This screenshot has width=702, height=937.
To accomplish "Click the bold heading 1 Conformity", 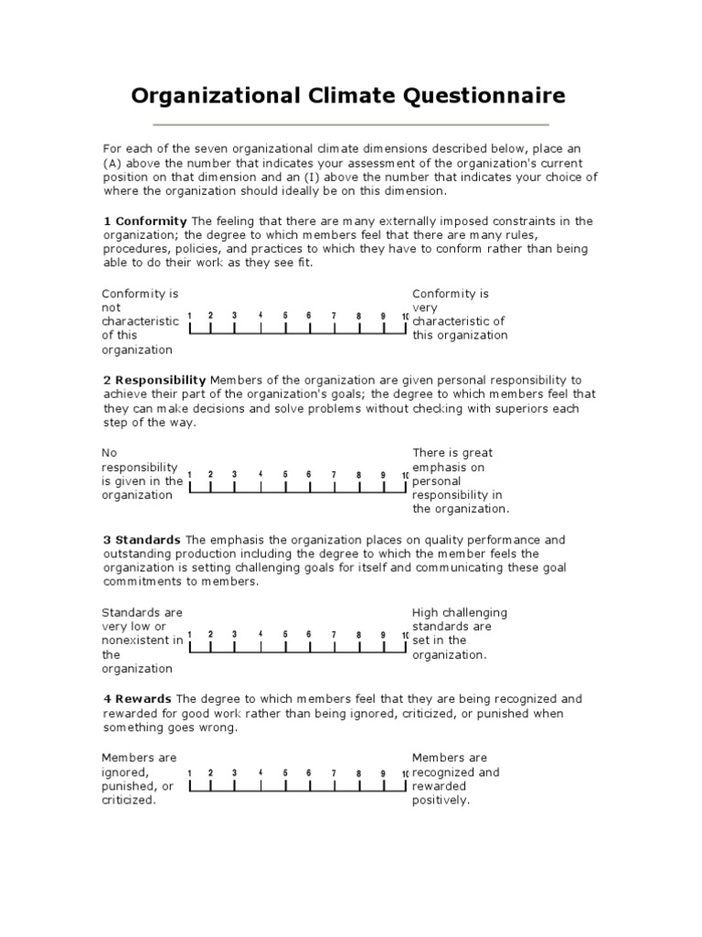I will click(144, 221).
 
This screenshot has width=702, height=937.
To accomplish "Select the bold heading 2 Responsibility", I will click(154, 380).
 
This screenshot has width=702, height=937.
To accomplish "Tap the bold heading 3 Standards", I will click(141, 539).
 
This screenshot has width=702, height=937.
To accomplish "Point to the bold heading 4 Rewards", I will click(137, 698).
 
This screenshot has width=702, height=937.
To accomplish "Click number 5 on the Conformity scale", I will click(285, 316).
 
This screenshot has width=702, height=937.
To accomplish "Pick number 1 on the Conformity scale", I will click(189, 316).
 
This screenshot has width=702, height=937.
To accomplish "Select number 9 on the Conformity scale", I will click(383, 316).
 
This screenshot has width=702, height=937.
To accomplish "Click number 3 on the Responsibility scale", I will click(235, 475).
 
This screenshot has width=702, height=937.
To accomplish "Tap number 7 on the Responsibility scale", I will click(334, 475).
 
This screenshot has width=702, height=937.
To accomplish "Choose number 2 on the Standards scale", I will click(210, 634).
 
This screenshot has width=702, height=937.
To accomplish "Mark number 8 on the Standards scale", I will click(358, 634).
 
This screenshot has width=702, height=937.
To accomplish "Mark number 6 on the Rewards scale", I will click(309, 773).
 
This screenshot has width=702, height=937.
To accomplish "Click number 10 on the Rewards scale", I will click(405, 774).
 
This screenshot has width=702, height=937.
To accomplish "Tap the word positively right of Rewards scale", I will click(441, 801).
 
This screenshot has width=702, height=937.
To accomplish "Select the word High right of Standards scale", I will click(426, 612).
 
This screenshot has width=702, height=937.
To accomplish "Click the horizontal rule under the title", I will click(351, 124).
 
